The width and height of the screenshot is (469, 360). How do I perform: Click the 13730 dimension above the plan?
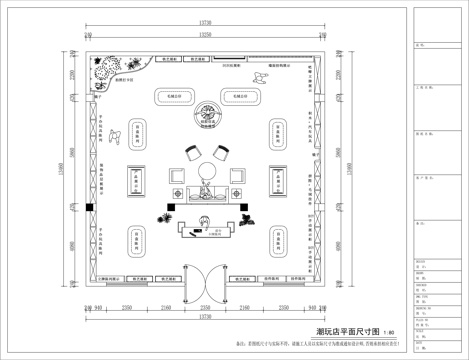(205, 21)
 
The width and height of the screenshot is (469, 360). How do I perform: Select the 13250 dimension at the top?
(205, 32)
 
